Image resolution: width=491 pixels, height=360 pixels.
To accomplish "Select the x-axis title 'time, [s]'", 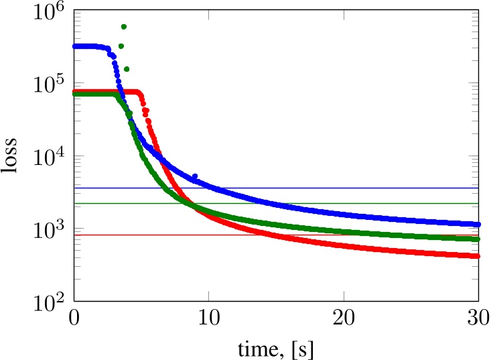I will click(x=276, y=348).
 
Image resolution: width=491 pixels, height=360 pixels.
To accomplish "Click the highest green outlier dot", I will click(x=124, y=27).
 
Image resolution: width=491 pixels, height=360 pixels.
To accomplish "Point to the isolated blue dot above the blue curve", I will click(x=195, y=176).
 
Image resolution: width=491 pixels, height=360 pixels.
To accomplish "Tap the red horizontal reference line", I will click(x=167, y=235).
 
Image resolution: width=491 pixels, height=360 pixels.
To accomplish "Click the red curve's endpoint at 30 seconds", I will click(x=478, y=256).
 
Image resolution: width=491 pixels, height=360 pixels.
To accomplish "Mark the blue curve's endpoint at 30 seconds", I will click(x=478, y=225).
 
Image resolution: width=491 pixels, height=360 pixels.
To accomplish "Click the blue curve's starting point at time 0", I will click(x=75, y=46).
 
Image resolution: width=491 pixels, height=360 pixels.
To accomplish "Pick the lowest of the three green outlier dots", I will click(x=127, y=69).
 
